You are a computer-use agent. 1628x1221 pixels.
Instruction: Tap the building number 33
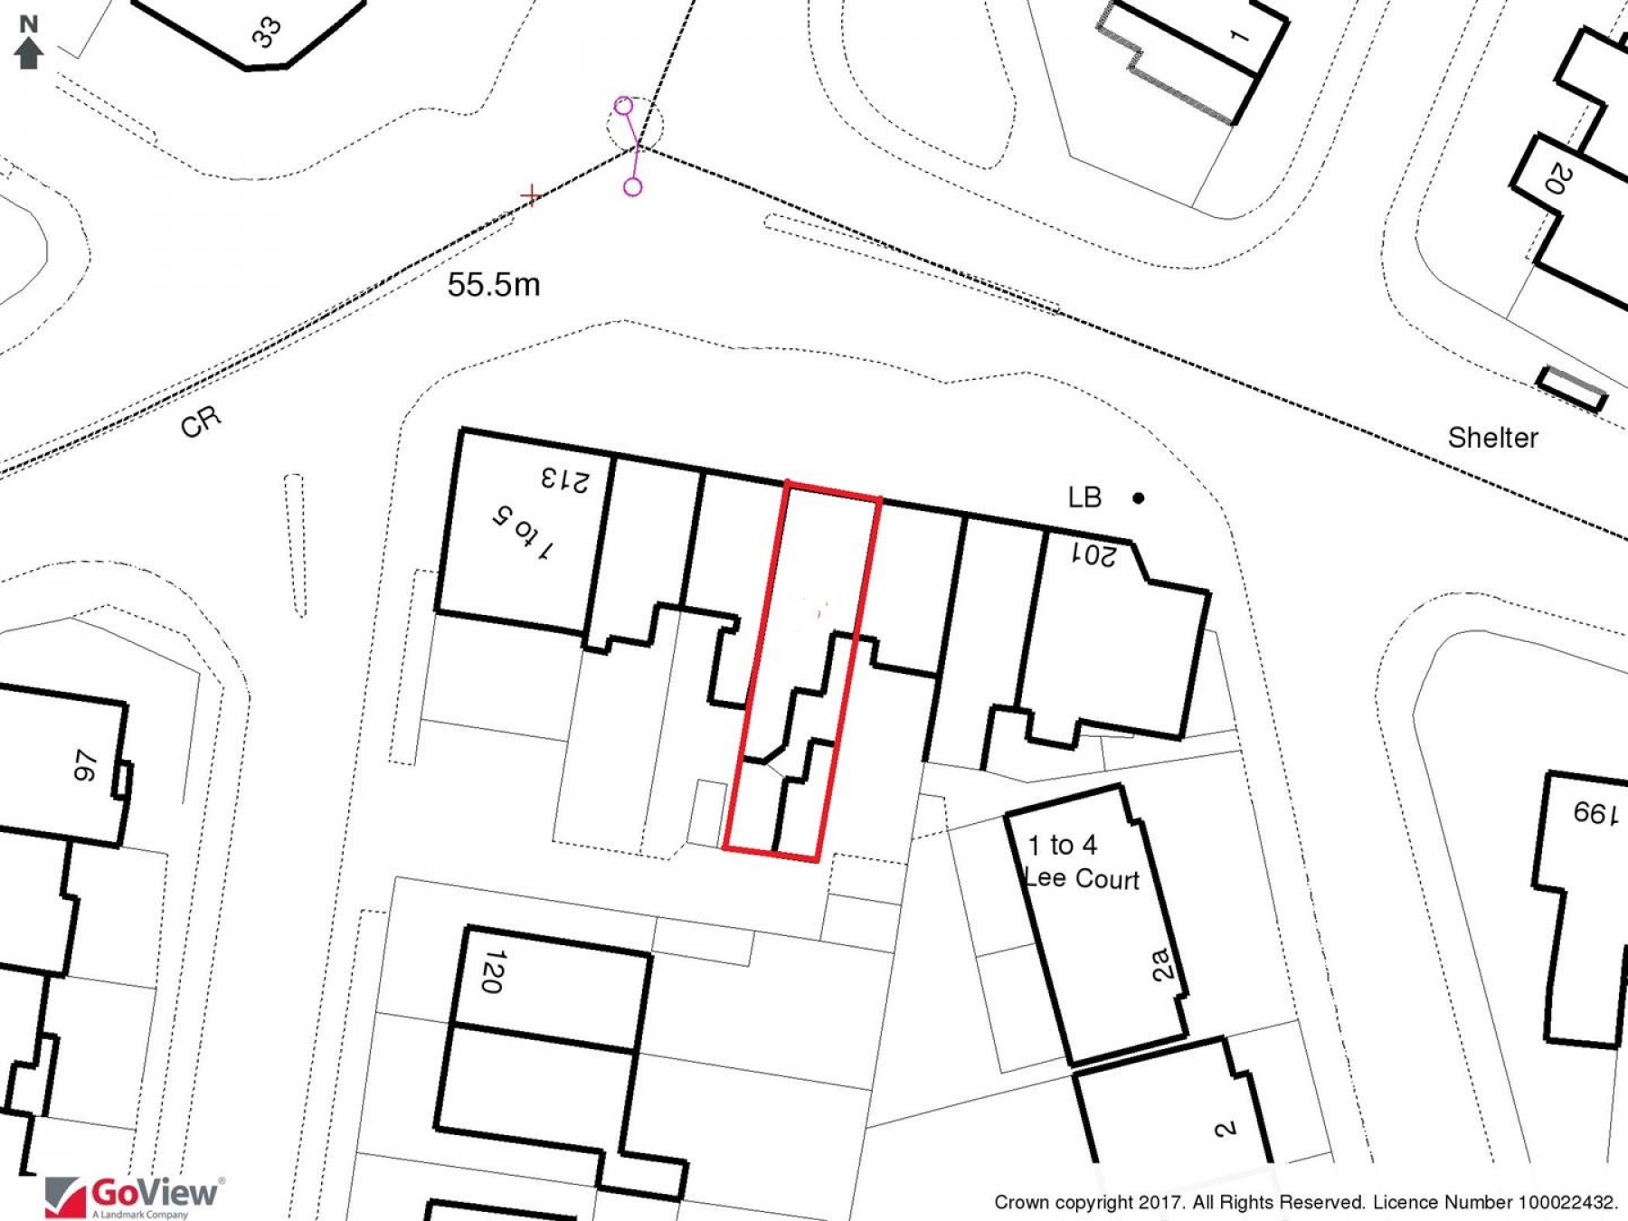(x=267, y=33)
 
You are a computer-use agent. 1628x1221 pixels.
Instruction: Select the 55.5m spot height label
(x=494, y=285)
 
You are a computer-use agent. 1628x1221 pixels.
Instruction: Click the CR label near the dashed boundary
(x=200, y=421)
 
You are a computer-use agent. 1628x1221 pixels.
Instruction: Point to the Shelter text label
(x=1492, y=438)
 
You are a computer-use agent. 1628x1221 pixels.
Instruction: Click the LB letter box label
(x=1084, y=497)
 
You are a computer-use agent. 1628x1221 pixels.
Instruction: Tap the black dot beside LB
(x=1139, y=497)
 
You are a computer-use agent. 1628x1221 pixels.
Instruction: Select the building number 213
(x=565, y=479)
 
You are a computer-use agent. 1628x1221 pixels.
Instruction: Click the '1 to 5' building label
(x=524, y=533)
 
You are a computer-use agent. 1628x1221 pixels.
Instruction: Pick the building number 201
(x=1094, y=554)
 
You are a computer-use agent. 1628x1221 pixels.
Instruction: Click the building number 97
(x=84, y=765)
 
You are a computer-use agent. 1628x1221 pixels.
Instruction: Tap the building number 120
(x=492, y=971)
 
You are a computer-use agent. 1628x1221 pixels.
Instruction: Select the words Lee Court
(x=1082, y=878)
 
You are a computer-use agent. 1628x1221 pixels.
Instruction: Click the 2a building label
(x=1164, y=964)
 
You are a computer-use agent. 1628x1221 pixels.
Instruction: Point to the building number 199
(x=1595, y=813)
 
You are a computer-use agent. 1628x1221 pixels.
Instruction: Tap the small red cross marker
(x=531, y=194)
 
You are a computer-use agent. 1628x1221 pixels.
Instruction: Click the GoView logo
(x=134, y=1197)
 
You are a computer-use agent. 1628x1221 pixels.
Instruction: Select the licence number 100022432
(x=1566, y=1203)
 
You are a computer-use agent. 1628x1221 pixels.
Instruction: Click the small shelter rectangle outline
(x=1573, y=387)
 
